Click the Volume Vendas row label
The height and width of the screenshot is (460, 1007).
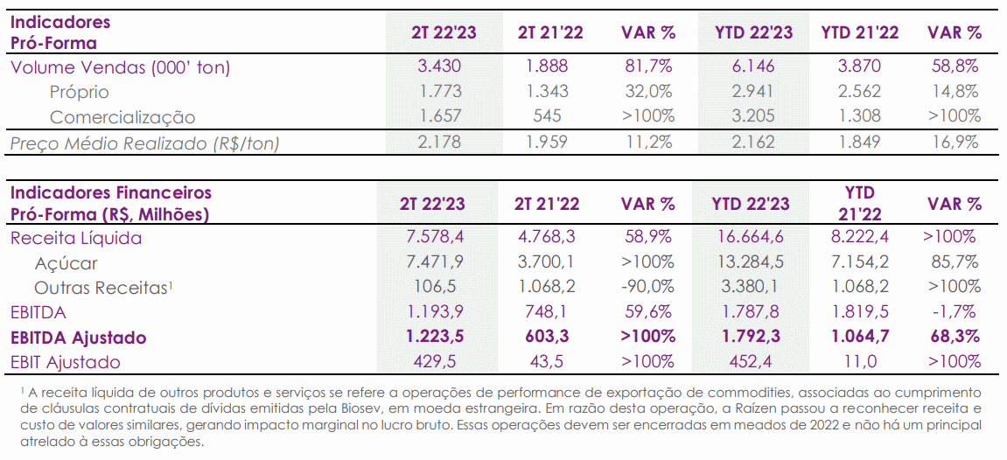tap(121, 66)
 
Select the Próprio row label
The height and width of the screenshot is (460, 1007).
tap(79, 92)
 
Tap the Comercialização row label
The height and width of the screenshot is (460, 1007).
tap(122, 117)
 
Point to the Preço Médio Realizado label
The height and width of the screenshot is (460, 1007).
tap(145, 143)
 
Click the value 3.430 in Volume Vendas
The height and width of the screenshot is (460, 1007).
tap(441, 66)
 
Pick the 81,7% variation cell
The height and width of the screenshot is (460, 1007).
tap(648, 66)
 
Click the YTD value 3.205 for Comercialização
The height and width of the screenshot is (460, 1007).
tap(752, 117)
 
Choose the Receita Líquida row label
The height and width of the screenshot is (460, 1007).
tap(76, 238)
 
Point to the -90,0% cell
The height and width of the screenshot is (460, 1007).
tap(648, 287)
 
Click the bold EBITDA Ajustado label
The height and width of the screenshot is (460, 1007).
tap(79, 338)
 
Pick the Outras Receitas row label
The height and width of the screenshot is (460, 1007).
tap(103, 288)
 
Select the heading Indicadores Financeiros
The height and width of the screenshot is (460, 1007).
tap(111, 192)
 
